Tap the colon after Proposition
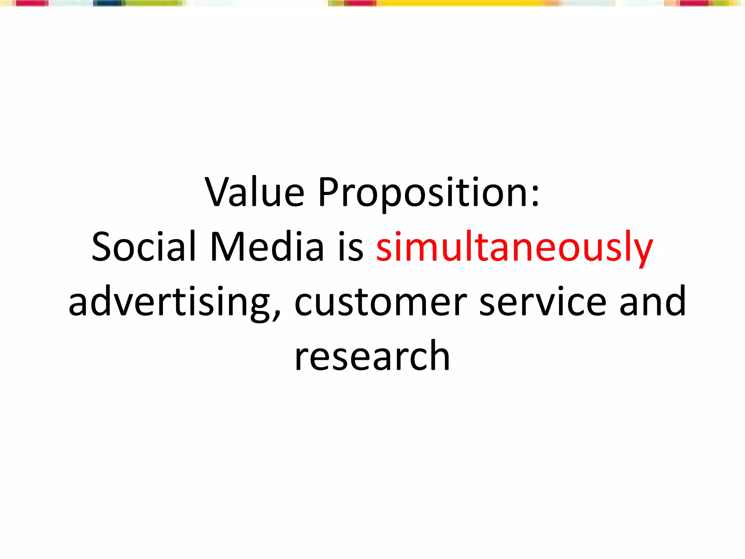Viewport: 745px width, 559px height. click(x=535, y=197)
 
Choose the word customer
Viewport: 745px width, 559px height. click(x=380, y=302)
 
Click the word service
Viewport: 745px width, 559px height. click(x=542, y=302)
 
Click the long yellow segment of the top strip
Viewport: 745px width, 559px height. click(x=458, y=3)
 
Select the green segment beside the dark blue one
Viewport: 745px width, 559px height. click(x=153, y=3)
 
